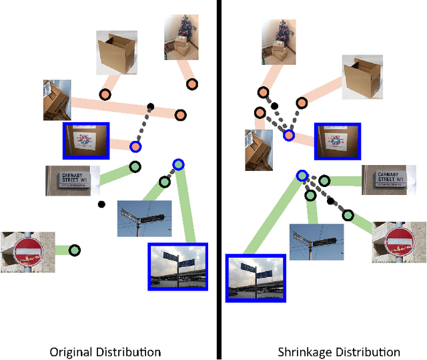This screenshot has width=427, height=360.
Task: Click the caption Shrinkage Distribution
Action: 339,352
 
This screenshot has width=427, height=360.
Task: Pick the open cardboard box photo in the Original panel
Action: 117,52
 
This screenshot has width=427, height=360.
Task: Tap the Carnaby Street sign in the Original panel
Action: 71,180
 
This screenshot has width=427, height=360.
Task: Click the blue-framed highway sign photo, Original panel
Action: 178,266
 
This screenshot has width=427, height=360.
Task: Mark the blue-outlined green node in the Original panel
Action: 177,164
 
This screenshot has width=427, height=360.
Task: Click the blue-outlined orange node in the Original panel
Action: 135,146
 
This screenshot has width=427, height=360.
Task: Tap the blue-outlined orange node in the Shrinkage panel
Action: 288,135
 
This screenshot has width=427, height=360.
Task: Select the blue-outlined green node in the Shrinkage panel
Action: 302,176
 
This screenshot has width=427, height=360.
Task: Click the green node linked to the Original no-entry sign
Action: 74,250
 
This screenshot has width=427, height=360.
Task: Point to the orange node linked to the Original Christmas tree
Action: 191,84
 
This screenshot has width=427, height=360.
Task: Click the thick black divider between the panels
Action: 218,180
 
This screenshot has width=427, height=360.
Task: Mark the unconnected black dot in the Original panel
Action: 101,204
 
